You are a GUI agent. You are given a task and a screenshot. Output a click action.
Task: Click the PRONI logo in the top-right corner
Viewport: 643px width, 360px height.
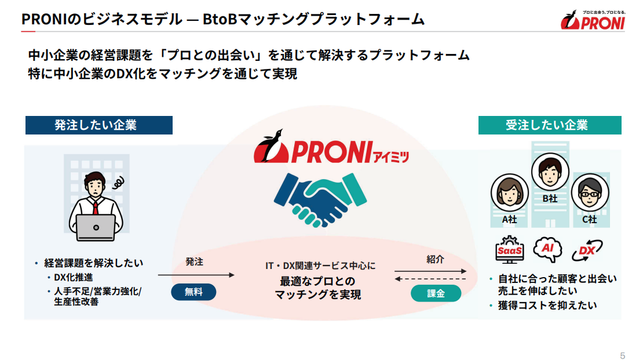click(x=592, y=20)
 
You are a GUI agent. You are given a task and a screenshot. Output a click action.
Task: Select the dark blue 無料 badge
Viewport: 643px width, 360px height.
click(x=193, y=292)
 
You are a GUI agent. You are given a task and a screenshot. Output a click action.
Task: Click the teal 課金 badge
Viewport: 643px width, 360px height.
click(x=436, y=293)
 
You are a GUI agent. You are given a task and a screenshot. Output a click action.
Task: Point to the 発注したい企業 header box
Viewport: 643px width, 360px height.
click(x=98, y=125)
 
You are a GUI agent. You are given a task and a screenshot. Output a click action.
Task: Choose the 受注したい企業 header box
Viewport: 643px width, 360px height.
click(x=549, y=125)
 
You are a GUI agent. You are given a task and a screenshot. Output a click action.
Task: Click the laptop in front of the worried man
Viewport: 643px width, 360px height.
click(x=96, y=227)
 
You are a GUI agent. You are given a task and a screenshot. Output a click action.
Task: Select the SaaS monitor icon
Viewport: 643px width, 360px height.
click(x=510, y=250)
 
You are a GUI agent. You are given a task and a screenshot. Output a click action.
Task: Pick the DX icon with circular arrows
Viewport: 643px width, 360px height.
click(x=587, y=250)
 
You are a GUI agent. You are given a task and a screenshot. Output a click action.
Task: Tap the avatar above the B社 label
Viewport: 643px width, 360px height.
click(x=550, y=172)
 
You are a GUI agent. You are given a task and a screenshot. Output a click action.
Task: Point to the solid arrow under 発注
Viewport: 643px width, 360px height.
click(x=196, y=275)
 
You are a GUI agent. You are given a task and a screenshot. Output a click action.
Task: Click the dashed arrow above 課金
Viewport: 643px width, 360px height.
click(x=430, y=279)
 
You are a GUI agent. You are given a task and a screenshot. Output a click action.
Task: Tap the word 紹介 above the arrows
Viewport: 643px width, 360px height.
click(x=435, y=259)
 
